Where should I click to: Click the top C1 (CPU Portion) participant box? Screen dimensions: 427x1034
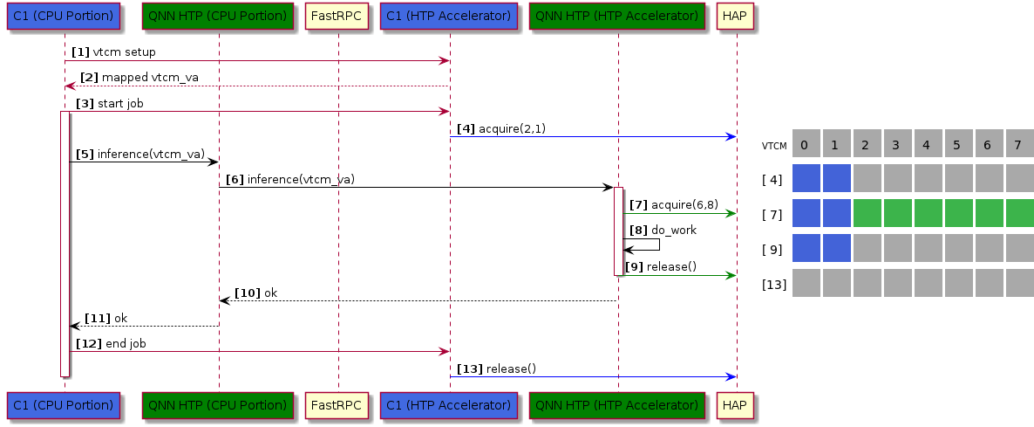point(65,16)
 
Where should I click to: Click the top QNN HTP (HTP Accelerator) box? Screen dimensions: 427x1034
point(617,16)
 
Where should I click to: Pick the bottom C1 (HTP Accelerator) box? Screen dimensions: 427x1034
point(449,405)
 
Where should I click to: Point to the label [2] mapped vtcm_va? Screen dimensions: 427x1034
point(139,78)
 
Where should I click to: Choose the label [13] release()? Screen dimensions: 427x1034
point(496,368)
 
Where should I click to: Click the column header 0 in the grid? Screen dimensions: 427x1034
point(805,144)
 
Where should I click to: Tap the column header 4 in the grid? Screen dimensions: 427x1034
point(927,144)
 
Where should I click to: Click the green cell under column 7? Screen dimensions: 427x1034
point(1019,213)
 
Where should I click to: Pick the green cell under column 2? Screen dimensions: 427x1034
point(867,213)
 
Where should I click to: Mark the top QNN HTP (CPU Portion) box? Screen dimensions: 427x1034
point(218,16)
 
